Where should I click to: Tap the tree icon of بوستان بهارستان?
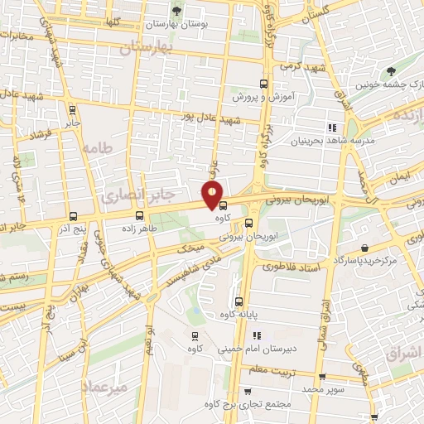tap(176, 11)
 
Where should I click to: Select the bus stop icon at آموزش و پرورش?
tap(264, 84)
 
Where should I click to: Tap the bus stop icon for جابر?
tap(72, 108)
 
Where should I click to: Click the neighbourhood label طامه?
tap(96, 149)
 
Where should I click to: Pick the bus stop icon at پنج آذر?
tap(72, 215)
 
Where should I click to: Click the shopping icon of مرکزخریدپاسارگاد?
tap(365, 246)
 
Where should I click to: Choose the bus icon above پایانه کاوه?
tap(238, 301)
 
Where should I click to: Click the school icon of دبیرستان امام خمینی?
tap(256, 336)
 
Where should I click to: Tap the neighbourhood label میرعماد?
tap(104, 388)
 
